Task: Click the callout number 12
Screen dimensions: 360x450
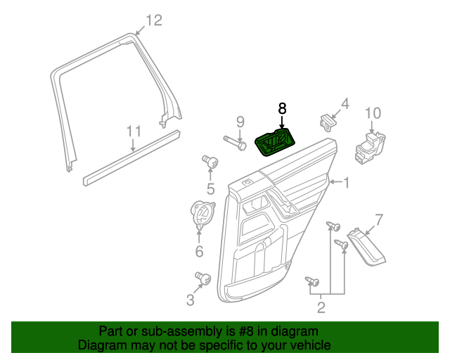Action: [153, 20]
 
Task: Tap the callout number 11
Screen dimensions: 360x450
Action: [134, 131]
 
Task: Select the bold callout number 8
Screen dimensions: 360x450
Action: [282, 108]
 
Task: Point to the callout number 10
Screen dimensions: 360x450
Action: [373, 112]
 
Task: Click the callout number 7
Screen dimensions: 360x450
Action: [378, 219]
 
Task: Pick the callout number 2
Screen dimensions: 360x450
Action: [321, 307]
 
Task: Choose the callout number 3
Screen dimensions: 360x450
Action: [190, 301]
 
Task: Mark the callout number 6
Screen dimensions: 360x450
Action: [199, 251]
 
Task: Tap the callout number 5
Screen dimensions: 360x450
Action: [210, 188]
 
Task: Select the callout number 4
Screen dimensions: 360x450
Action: [345, 105]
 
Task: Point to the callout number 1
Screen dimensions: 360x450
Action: [345, 184]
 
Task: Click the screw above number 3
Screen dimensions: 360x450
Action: [204, 278]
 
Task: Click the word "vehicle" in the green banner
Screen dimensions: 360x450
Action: [306, 345]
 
